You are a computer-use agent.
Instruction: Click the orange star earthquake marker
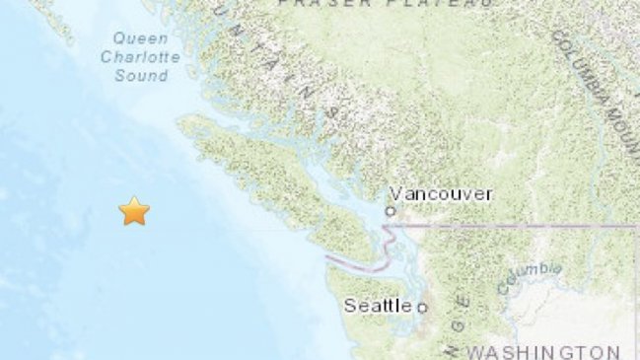[x=134, y=210]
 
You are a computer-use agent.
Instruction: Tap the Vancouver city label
[x=441, y=194]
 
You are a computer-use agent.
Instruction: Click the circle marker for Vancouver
[x=391, y=210]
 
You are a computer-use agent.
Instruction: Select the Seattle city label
[x=378, y=306]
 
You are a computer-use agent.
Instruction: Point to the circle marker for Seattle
[x=422, y=308]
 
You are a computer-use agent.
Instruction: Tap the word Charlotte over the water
[x=140, y=57]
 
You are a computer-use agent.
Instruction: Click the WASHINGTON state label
[x=544, y=351]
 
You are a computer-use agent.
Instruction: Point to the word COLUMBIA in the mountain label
[x=582, y=65]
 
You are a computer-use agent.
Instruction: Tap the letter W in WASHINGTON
[x=475, y=351]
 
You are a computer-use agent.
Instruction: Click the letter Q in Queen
[x=118, y=38]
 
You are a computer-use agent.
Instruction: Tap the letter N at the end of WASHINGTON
[x=614, y=351]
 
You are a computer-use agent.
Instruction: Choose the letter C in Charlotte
[x=107, y=57]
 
